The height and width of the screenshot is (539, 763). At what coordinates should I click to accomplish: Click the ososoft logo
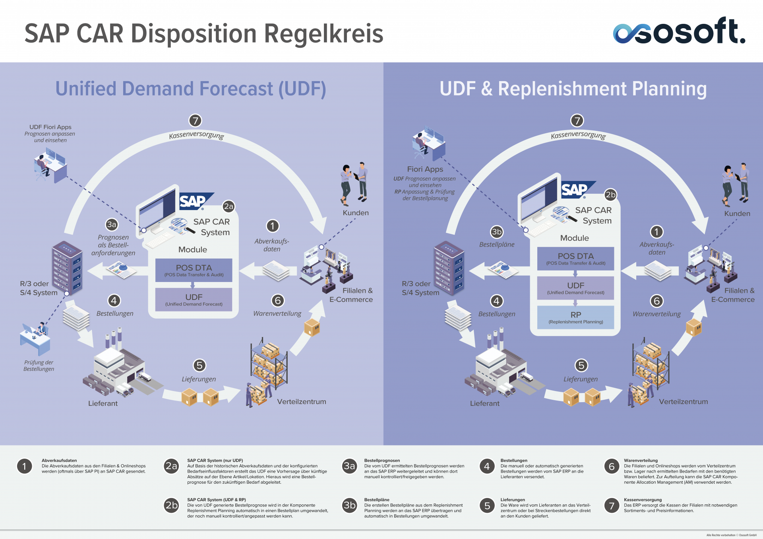(679, 31)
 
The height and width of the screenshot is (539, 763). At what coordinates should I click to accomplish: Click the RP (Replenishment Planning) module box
(575, 317)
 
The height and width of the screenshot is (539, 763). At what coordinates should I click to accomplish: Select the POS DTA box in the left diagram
(194, 270)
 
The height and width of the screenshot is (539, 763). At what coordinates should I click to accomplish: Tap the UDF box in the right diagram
(575, 288)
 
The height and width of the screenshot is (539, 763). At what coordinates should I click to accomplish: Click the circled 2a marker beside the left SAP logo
(229, 206)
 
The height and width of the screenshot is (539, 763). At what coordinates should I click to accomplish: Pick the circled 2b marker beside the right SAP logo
(610, 195)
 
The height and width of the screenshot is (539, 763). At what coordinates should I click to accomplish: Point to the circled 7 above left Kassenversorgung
(195, 120)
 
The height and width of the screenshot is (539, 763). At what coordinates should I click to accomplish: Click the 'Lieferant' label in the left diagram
(103, 403)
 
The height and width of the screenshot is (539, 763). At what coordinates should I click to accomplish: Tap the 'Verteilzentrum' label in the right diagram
(683, 402)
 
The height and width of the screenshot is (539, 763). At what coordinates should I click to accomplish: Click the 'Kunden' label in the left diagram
(356, 213)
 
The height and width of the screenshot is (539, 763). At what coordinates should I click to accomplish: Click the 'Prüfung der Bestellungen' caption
(39, 366)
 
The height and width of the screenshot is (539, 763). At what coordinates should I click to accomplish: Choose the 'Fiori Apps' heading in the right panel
(425, 169)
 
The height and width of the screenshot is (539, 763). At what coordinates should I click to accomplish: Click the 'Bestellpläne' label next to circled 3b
(497, 245)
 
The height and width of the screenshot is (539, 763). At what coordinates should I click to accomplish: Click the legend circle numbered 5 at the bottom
(487, 506)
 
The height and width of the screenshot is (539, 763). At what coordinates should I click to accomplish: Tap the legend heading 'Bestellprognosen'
(382, 460)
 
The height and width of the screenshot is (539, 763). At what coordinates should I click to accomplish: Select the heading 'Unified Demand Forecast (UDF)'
(191, 89)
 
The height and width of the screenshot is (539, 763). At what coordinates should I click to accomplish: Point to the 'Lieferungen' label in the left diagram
(199, 379)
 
